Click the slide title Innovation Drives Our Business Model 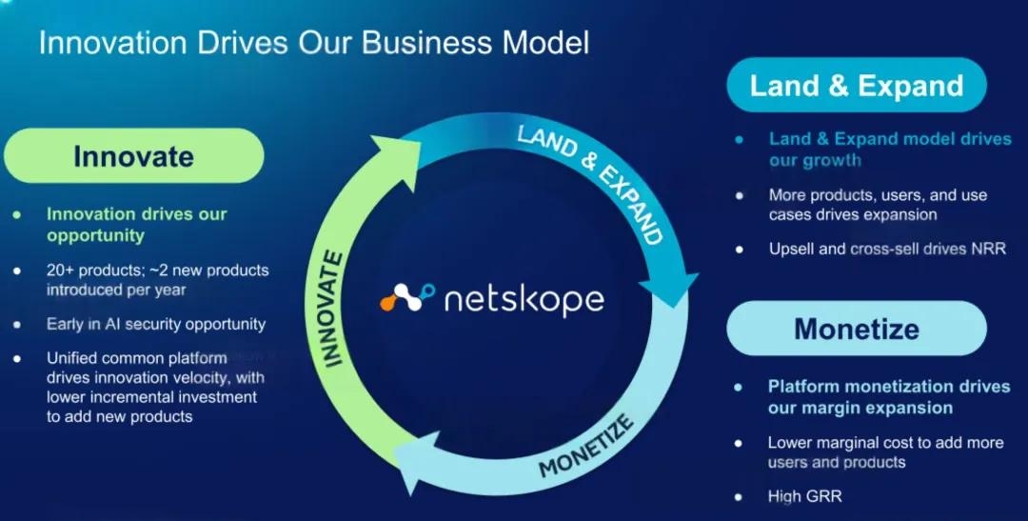click(x=314, y=43)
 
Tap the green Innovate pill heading click(x=133, y=155)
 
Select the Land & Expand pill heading click(x=857, y=86)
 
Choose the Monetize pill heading click(x=857, y=329)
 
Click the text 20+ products click(x=85, y=271)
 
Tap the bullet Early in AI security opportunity click(x=156, y=324)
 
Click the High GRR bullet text click(x=804, y=496)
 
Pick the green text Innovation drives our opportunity click(x=136, y=224)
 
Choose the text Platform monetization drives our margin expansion click(x=888, y=397)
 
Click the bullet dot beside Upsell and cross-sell click(x=739, y=250)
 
